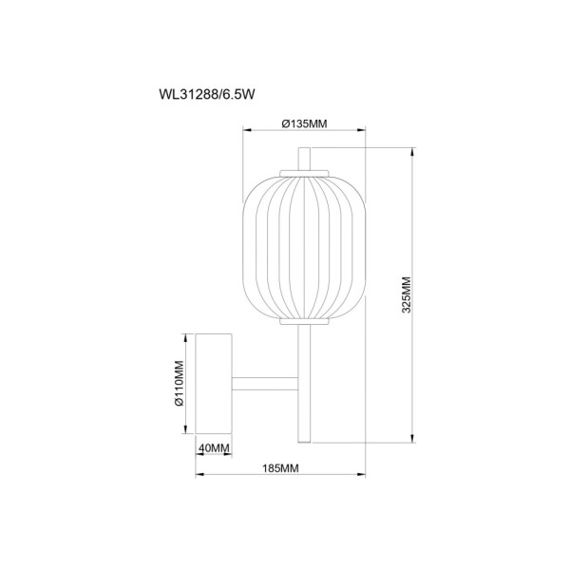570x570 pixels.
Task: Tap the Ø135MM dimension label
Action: tap(304, 123)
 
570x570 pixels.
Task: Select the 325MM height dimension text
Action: tap(406, 294)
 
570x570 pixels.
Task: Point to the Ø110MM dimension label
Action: tap(178, 385)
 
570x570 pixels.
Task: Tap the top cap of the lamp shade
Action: tap(304, 172)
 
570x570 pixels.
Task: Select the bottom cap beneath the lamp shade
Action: tap(304, 322)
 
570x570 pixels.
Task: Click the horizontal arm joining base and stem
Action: tap(266, 384)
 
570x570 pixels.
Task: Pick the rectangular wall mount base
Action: tap(214, 384)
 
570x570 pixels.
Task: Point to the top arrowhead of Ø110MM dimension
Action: tap(185, 335)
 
